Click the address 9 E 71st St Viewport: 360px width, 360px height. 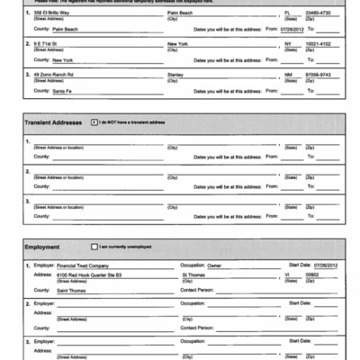point(46,44)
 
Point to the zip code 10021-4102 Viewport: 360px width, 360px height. point(320,44)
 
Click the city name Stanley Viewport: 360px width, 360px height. point(177,75)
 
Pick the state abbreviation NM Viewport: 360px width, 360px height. point(289,75)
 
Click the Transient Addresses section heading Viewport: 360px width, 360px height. point(53,121)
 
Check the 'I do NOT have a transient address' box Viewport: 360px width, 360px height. point(94,121)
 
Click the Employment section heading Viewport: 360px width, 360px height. point(42,246)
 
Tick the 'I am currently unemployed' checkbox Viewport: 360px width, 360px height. point(94,246)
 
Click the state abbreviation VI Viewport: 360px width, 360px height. point(286,275)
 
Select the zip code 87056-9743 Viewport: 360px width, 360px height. point(320,75)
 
